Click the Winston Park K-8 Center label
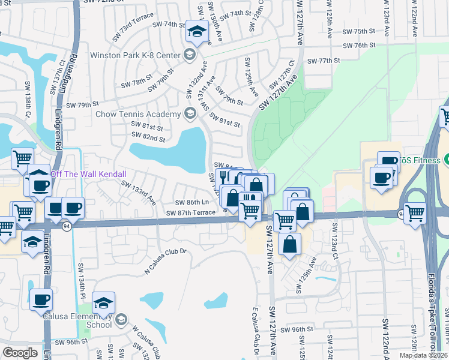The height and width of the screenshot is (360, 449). [x=135, y=56]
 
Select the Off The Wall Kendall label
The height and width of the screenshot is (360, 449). [x=88, y=174]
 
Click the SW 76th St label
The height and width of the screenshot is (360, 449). [x=358, y=46]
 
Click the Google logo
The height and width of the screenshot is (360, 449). [x=20, y=353]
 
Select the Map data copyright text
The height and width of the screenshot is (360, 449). [x=424, y=355]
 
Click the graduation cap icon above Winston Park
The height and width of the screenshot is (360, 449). [x=196, y=31]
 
